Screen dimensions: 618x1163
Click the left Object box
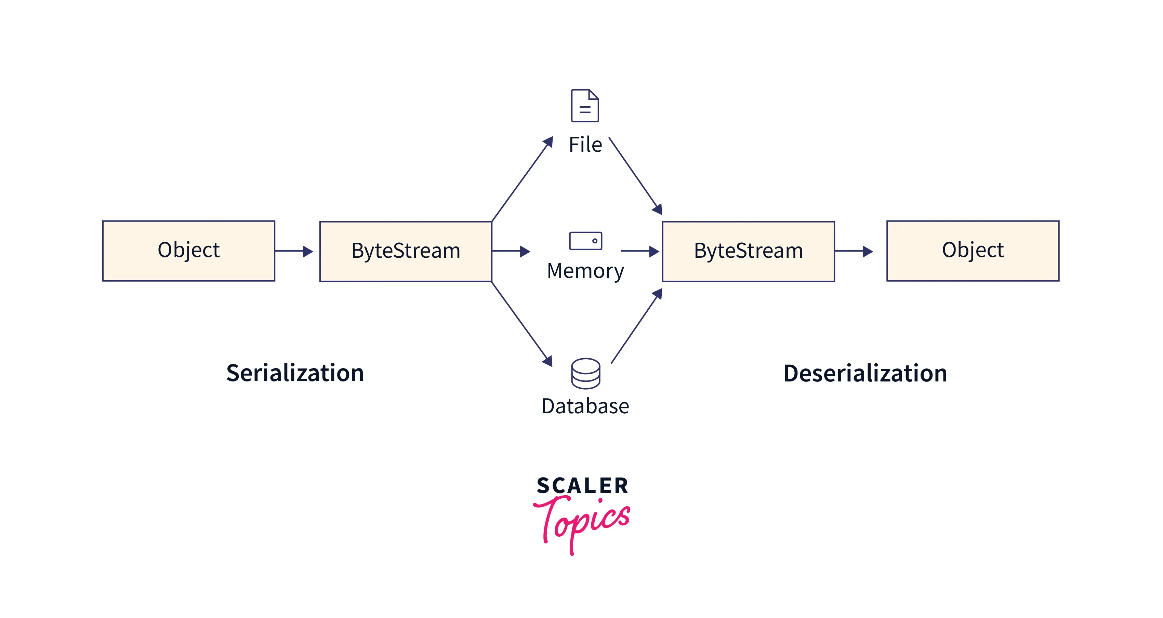coord(189,251)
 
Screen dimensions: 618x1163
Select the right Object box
coord(973,251)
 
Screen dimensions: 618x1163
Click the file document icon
coord(585,106)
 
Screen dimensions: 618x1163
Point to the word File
coord(585,145)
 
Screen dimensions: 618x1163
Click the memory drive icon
coord(585,241)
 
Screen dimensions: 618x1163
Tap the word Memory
coord(585,271)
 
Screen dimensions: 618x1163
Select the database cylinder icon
coord(585,373)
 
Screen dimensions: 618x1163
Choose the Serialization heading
coord(295,373)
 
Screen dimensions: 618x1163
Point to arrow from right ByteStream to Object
coord(853,251)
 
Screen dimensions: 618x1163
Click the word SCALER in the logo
coord(582,486)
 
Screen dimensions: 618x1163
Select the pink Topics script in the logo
coord(582,521)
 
